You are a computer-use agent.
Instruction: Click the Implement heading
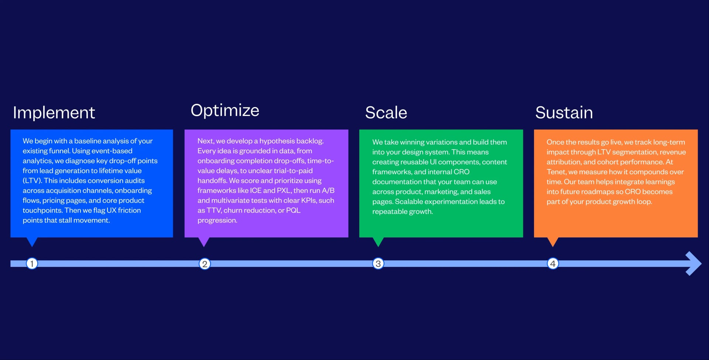[54, 113]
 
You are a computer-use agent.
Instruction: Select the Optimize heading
[225, 110]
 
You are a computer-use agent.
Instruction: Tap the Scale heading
[386, 113]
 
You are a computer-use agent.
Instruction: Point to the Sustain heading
[564, 113]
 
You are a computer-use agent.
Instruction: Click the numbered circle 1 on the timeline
[32, 264]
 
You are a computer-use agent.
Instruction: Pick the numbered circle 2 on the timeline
[205, 264]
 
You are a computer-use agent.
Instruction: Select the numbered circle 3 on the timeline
[378, 264]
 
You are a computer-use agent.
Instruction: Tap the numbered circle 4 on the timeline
[552, 264]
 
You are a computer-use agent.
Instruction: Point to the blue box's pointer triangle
[32, 241]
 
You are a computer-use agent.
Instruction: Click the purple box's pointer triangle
[204, 241]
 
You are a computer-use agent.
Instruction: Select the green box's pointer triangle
[378, 241]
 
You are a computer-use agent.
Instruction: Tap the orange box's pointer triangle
[552, 241]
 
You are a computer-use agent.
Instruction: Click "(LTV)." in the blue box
[32, 181]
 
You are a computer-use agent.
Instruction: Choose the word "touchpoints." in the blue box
[42, 210]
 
